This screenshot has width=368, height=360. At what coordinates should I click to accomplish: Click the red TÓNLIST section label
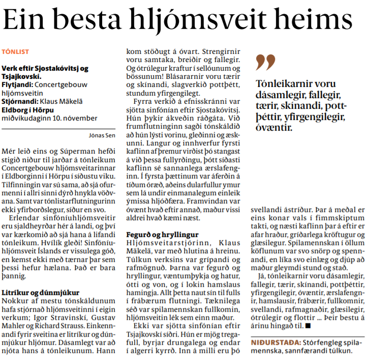15,51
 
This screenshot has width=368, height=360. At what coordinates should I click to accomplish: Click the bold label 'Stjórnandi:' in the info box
19,102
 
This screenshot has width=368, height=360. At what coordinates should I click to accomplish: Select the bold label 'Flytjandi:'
17,85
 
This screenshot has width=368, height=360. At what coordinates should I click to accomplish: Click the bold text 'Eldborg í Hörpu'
28,110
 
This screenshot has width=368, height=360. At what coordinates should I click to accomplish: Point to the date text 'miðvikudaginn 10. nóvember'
49,118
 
